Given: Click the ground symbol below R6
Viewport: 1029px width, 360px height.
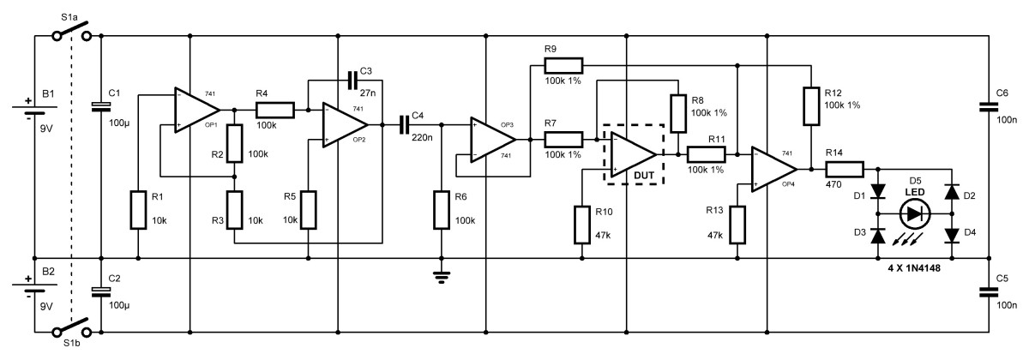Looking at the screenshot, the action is [442, 278].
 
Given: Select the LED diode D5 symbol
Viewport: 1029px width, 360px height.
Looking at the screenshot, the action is [915, 214].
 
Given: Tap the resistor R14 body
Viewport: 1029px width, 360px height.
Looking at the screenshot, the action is [845, 169].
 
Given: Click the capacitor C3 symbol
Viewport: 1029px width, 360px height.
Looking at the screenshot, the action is [352, 81].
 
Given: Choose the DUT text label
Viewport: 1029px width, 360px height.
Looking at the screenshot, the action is [644, 176].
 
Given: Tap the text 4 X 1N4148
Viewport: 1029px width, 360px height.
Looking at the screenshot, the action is [914, 268].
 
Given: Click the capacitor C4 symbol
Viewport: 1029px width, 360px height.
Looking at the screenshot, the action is [404, 124].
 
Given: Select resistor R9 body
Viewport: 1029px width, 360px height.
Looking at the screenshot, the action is [563, 66].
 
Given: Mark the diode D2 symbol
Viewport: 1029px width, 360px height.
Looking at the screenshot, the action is [951, 192].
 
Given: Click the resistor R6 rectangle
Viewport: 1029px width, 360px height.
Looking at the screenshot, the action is [442, 210].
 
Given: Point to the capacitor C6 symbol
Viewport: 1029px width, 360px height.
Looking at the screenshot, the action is [989, 107].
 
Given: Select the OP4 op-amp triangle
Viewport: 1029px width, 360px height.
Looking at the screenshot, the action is [774, 170].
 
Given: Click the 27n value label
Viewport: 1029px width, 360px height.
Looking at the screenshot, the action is [368, 93].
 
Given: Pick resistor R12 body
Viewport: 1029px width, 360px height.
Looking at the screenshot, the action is [811, 106].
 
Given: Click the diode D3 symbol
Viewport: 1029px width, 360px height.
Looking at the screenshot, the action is [878, 236].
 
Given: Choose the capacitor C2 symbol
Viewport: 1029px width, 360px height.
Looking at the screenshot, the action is [101, 292].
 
